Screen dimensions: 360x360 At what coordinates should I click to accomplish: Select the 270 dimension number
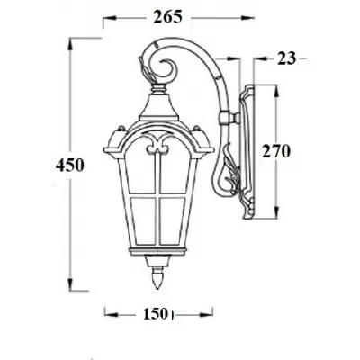[x=275, y=152]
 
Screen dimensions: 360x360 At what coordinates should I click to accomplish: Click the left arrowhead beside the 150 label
[x=110, y=314]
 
